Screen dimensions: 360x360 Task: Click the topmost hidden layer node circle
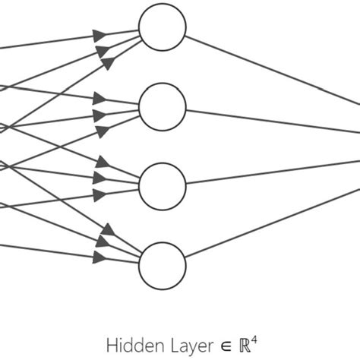point(163,28)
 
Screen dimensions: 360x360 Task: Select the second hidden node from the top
point(163,107)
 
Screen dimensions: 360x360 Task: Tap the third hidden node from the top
point(163,185)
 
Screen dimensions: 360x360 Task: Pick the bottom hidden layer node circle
point(163,265)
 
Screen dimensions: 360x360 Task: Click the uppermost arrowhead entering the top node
point(99,34)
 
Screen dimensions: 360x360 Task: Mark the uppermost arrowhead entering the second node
point(99,98)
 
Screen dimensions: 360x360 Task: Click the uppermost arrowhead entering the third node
point(101,162)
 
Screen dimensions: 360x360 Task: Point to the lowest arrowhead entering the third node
point(99,195)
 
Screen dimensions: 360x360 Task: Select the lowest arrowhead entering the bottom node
point(99,257)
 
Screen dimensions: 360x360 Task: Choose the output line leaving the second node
point(266,121)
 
